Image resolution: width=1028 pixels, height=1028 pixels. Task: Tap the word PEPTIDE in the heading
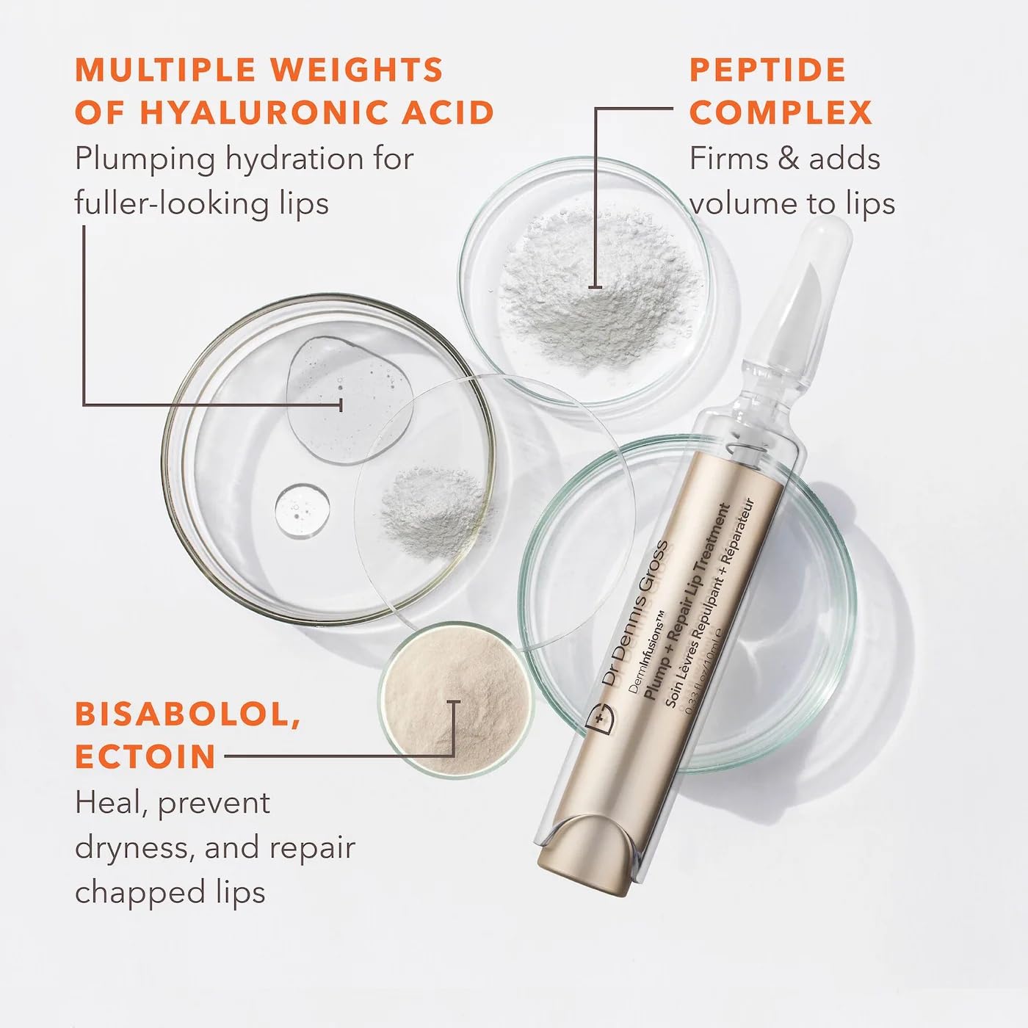tap(767, 70)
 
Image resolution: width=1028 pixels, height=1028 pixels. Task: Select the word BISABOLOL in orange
tap(188, 714)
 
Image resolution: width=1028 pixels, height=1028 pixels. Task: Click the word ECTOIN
tap(145, 757)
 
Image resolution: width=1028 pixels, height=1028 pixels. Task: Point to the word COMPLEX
tap(781, 113)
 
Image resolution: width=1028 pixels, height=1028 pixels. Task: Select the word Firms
tap(724, 159)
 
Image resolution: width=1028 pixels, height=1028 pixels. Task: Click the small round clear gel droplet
tap(303, 511)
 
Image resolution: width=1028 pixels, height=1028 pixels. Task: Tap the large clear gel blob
tap(345, 397)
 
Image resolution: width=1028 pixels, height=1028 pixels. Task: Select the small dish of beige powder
tap(455, 698)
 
